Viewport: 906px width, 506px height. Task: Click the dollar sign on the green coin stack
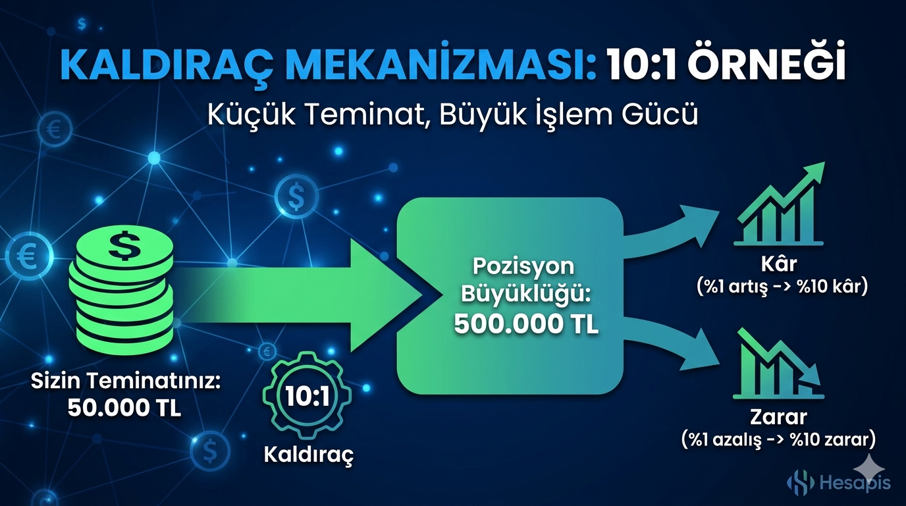click(x=122, y=245)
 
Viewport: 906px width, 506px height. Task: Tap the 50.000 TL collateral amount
click(x=124, y=408)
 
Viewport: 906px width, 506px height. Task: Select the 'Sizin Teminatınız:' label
click(x=124, y=382)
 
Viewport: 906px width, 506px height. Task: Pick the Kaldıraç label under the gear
click(x=308, y=455)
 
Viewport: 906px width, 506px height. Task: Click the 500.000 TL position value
click(x=526, y=325)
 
